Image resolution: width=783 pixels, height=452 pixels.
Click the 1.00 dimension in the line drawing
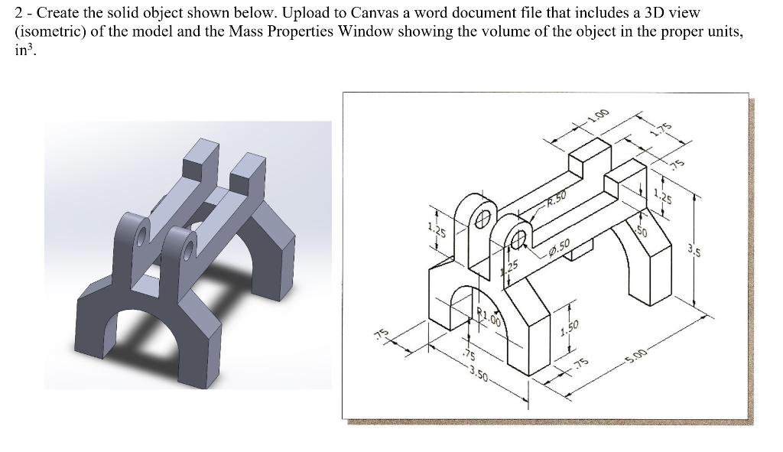pyautogui.click(x=599, y=116)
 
